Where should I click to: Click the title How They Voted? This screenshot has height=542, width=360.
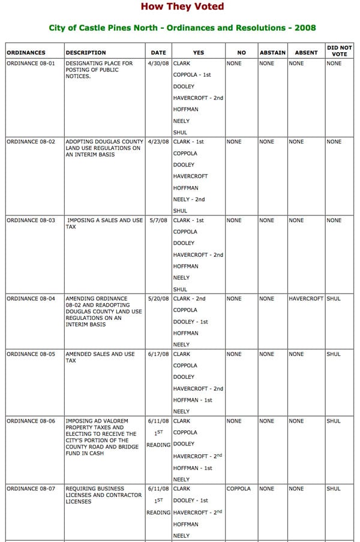point(182,7)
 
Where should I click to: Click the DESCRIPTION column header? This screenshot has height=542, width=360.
point(86,53)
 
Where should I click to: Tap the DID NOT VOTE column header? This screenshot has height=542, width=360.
point(339,50)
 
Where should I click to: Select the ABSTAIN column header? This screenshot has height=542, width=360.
point(272,53)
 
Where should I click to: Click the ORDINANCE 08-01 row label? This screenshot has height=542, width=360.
point(31,63)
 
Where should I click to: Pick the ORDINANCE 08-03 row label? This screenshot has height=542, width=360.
point(31,220)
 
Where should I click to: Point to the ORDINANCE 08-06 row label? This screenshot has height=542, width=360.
point(31,421)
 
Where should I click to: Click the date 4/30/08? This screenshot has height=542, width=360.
point(158,63)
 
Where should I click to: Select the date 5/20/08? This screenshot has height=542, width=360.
point(158,298)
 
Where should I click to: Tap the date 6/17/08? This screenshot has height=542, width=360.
point(158,354)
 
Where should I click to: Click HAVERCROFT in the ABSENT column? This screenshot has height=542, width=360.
point(306,298)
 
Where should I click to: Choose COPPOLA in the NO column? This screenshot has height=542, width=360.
point(239,489)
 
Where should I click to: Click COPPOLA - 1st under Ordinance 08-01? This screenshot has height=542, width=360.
point(193,75)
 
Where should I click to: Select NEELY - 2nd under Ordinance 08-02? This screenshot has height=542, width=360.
point(189,199)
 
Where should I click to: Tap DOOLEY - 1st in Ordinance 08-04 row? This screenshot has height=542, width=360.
point(191,322)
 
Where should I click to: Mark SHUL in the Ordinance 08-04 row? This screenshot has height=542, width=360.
point(333,298)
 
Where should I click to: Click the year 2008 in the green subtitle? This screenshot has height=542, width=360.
point(305,28)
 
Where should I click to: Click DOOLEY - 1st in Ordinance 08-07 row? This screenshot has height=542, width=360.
point(191,501)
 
